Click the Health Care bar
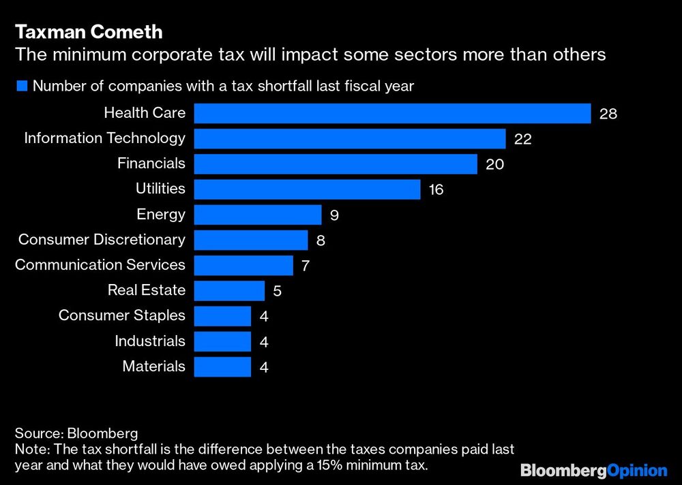pyautogui.click(x=392, y=113)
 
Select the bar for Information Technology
pyautogui.click(x=349, y=139)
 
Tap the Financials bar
pyautogui.click(x=335, y=164)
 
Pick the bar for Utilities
pyautogui.click(x=307, y=189)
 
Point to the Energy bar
pyautogui.click(x=257, y=215)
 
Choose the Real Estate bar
pyautogui.click(x=229, y=291)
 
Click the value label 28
pyautogui.click(x=608, y=114)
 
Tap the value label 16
pyautogui.click(x=436, y=190)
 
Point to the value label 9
pyautogui.click(x=334, y=216)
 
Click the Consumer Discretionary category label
pyautogui.click(x=102, y=240)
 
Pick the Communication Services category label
pyautogui.click(x=100, y=265)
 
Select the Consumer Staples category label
pyautogui.click(x=122, y=315)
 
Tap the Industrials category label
pyautogui.click(x=150, y=341)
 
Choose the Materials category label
pyautogui.click(x=154, y=366)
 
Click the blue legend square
pyautogui.click(x=22, y=86)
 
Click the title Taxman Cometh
pyautogui.click(x=89, y=32)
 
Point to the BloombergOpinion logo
pyautogui.click(x=593, y=470)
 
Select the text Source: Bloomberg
pyautogui.click(x=76, y=433)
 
